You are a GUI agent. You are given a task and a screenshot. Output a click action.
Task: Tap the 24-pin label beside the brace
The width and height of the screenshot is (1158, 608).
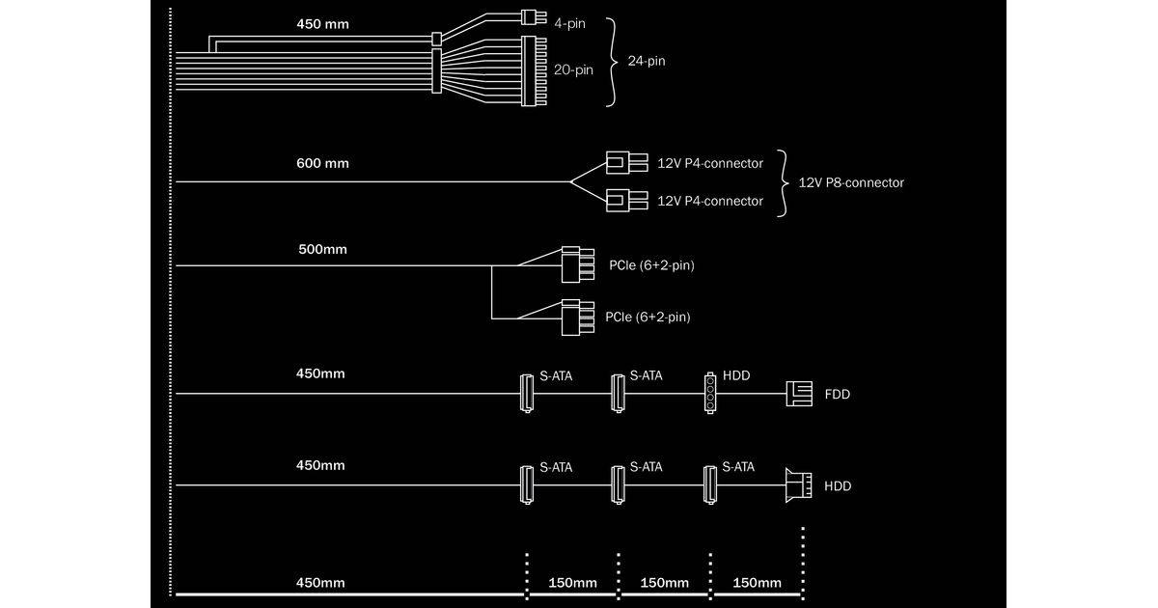tap(647, 61)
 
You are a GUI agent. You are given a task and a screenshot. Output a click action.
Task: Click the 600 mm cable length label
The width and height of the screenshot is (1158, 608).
tap(322, 163)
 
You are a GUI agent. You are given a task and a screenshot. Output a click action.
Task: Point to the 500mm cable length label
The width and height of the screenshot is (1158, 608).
tap(322, 249)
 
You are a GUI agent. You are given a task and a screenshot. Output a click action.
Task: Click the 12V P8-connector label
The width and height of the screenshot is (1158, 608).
tap(851, 182)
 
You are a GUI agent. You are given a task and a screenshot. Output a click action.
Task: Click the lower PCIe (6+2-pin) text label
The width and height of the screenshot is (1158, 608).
tap(648, 317)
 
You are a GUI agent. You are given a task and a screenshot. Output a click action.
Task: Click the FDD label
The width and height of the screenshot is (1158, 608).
tap(838, 395)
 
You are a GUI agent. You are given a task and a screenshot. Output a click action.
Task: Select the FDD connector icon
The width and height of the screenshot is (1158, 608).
tap(800, 394)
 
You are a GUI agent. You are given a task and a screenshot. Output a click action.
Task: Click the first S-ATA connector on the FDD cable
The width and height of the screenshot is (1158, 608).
tap(526, 393)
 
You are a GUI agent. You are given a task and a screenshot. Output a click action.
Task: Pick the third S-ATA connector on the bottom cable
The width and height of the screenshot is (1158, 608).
tap(711, 484)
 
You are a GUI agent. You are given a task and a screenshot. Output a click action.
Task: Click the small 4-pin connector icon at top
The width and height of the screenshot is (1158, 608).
tap(528, 16)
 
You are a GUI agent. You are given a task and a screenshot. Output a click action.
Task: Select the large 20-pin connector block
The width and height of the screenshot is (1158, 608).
tap(534, 70)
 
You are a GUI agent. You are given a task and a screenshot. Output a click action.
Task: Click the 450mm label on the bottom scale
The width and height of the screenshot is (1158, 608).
tap(320, 583)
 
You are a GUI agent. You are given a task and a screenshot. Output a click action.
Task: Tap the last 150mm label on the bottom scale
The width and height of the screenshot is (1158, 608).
tap(758, 583)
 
